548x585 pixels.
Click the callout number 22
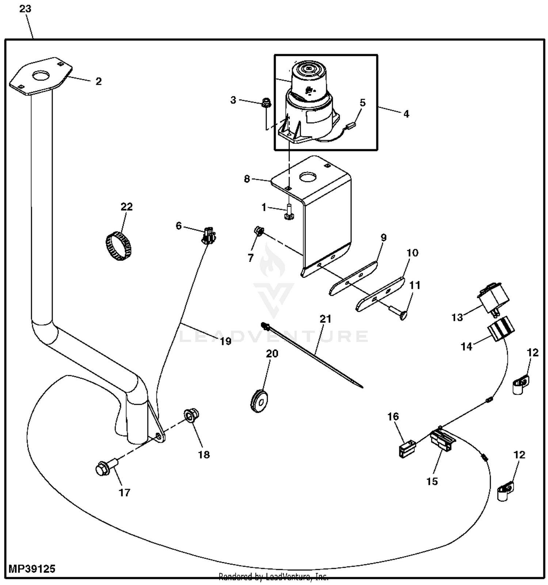(126, 207)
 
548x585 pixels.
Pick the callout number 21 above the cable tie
(325, 319)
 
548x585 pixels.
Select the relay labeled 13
(493, 298)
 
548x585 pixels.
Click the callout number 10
(412, 253)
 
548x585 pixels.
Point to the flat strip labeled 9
(354, 277)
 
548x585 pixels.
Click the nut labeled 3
(266, 103)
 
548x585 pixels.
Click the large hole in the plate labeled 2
(40, 76)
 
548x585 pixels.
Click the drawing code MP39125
(32, 569)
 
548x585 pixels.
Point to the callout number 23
(25, 9)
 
